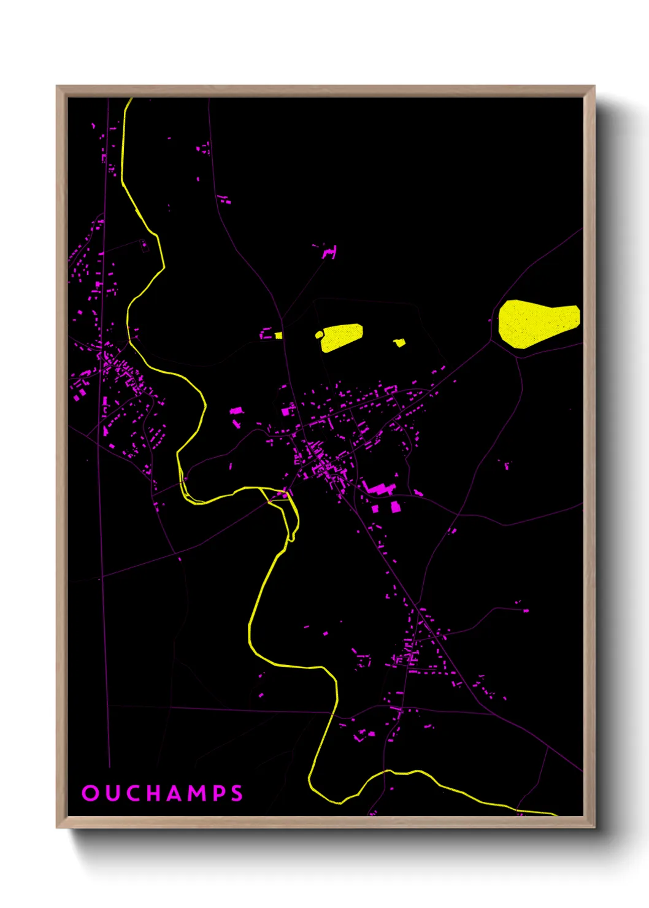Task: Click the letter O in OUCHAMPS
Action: point(90,793)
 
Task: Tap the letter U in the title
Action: point(111,793)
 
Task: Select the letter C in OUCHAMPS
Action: point(132,793)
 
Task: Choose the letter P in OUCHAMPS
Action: point(220,793)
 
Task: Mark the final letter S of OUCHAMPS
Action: point(237,793)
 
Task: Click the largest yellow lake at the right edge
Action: point(537,322)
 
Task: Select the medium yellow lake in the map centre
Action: point(342,337)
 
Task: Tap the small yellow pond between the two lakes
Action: point(399,342)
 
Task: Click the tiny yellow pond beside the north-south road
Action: point(278,336)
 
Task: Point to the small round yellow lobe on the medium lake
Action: point(319,334)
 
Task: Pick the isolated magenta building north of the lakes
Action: point(330,252)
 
